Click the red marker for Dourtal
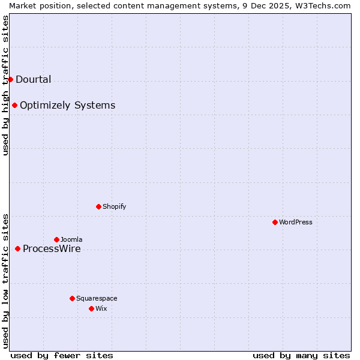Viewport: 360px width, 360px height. [x=10, y=79]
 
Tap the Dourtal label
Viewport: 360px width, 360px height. [x=33, y=79]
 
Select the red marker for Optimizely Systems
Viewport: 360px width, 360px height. [x=14, y=106]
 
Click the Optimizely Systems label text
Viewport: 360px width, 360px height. [x=67, y=106]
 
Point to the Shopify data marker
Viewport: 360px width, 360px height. [x=98, y=206]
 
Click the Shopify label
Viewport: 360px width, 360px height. [x=114, y=206]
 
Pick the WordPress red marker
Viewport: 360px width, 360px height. [x=275, y=222]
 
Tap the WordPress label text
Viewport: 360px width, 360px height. [x=295, y=222]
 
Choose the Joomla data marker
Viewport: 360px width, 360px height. [x=56, y=239]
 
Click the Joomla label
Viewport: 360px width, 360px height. [x=71, y=239]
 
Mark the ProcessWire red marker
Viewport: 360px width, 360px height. [x=17, y=248]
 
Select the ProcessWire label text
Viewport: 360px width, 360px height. [x=52, y=249]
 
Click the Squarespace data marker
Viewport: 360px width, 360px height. [x=72, y=298]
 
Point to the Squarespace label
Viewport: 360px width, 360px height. [x=97, y=298]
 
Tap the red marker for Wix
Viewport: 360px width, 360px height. [x=91, y=308]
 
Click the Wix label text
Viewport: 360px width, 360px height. [x=101, y=308]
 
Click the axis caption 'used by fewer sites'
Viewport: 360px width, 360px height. [x=62, y=355]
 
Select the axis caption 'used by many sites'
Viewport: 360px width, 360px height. [x=301, y=355]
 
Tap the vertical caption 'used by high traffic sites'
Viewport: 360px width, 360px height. [x=5, y=85]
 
